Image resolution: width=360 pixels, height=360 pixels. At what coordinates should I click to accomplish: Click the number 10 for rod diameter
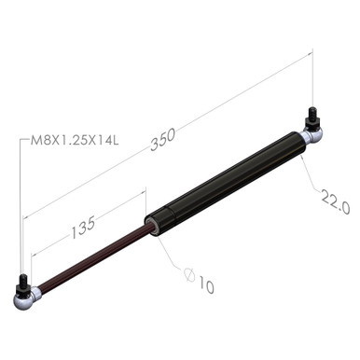pos(206,287)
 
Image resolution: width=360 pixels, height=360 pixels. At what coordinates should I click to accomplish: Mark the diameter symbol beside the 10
pos(189,275)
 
